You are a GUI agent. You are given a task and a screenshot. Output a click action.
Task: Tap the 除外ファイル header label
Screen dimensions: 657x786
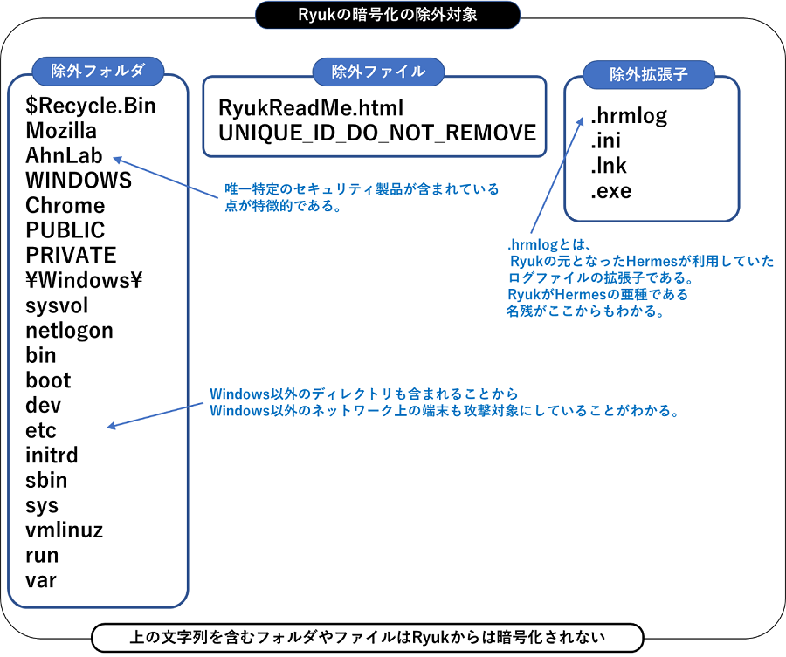(x=378, y=72)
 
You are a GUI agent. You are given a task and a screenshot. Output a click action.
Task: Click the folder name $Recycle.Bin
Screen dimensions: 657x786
(x=91, y=106)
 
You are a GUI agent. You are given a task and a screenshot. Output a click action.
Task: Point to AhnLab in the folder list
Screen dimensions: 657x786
(x=64, y=156)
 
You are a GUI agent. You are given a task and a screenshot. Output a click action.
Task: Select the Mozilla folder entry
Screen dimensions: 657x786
(x=61, y=131)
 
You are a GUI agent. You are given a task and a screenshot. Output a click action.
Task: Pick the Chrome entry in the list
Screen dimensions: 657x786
(x=65, y=206)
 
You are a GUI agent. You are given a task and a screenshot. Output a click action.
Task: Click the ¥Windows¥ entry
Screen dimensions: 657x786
(x=84, y=281)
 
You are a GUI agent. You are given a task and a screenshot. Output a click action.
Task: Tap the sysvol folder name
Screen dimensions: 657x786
(x=57, y=306)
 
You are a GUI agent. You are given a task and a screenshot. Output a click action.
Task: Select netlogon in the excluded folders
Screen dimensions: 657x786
(x=69, y=331)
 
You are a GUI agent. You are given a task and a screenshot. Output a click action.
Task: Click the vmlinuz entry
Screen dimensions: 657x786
(x=65, y=530)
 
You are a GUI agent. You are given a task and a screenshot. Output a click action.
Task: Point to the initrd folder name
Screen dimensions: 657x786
(x=52, y=455)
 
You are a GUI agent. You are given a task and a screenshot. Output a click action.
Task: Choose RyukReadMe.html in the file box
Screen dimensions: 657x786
(x=310, y=108)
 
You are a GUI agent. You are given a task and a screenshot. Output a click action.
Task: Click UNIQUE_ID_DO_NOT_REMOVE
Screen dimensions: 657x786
(x=376, y=133)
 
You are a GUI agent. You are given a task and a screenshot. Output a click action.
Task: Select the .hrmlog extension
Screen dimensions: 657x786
(x=628, y=116)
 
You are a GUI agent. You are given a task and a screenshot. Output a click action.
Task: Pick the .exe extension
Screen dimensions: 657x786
(x=610, y=191)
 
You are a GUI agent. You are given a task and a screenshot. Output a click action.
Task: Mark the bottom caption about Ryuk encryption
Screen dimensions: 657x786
(x=366, y=637)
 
